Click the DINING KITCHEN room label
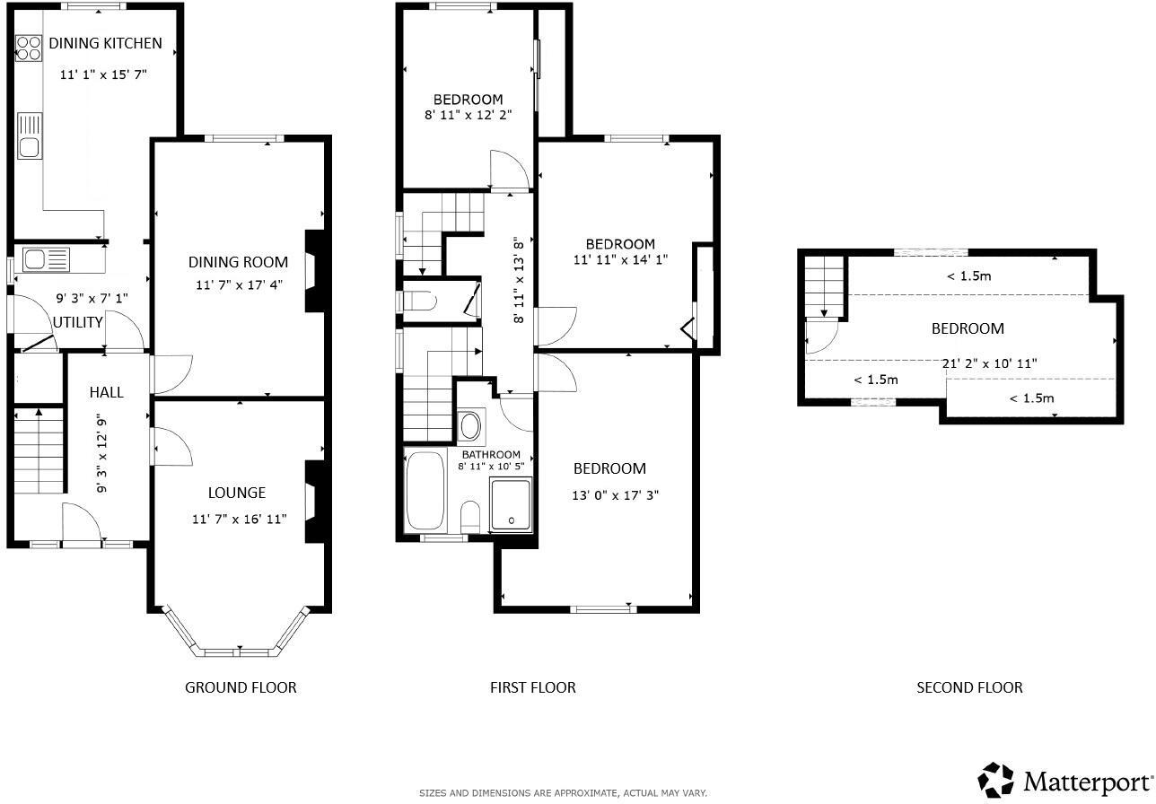click(x=105, y=43)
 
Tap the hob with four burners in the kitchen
click(x=29, y=48)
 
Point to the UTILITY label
click(x=78, y=322)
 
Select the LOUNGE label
click(x=237, y=493)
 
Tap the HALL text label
click(x=106, y=392)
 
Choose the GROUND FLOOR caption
click(x=241, y=687)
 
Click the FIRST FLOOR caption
click(x=532, y=687)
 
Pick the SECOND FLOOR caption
click(x=969, y=687)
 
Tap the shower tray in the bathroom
click(x=511, y=504)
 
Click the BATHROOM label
click(x=490, y=455)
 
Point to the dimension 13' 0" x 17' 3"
click(x=616, y=494)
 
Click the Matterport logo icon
click(x=996, y=779)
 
